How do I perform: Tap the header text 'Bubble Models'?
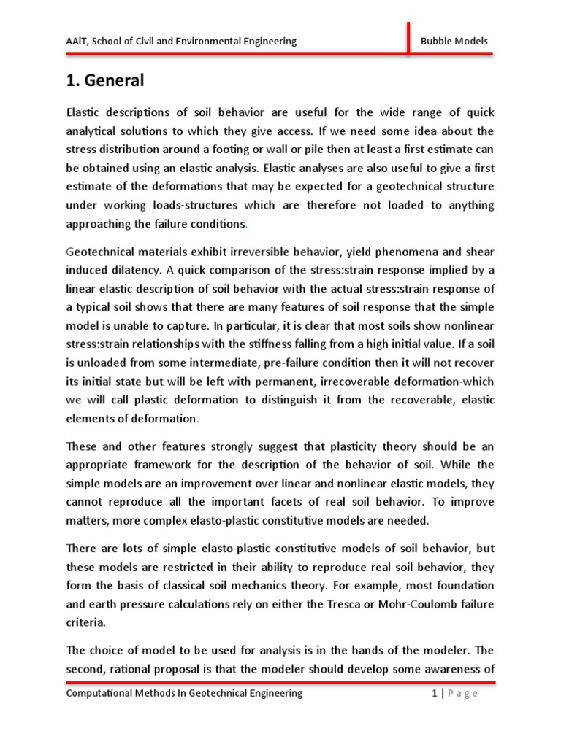point(454,41)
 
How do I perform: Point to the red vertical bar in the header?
point(408,37)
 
